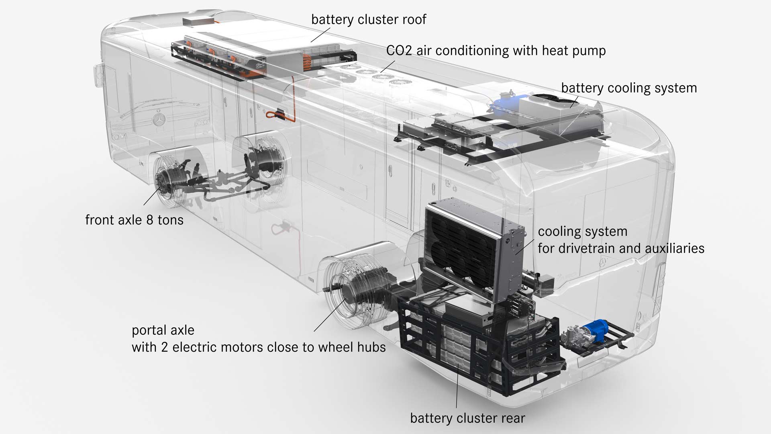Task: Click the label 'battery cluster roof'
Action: point(369,19)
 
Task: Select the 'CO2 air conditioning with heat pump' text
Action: point(496,51)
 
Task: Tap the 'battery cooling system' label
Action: point(629,88)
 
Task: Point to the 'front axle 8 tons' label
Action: point(134,220)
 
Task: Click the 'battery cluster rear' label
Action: point(467,418)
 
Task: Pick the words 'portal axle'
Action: point(163,330)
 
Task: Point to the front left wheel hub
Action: point(165,183)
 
